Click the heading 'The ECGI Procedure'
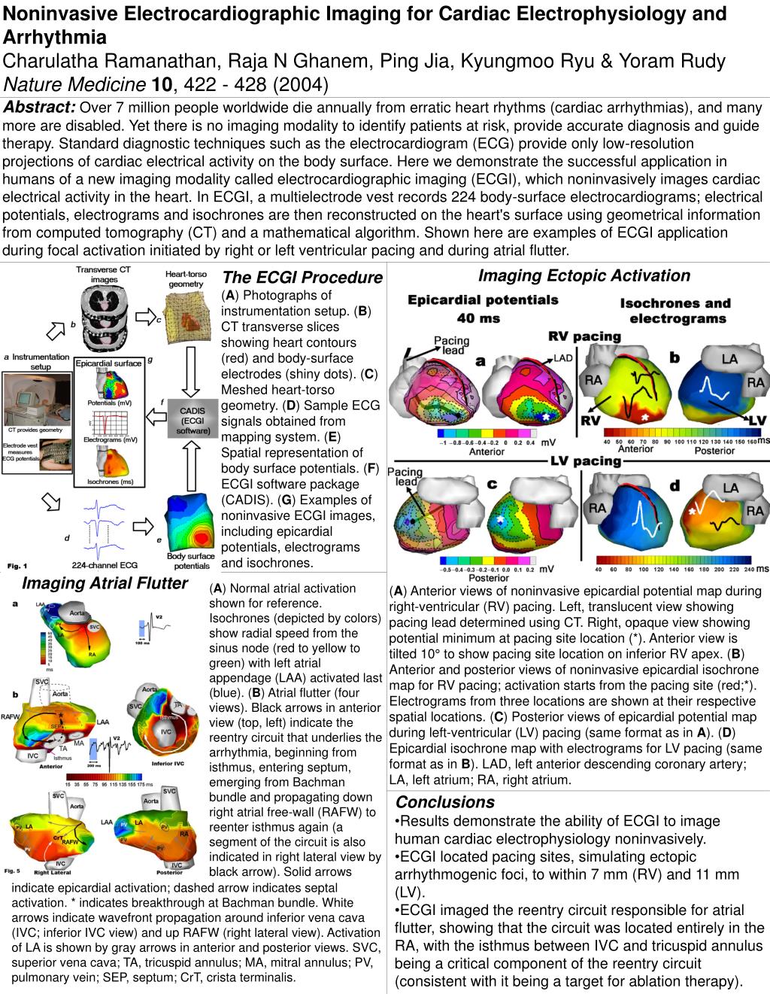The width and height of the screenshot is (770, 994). click(302, 278)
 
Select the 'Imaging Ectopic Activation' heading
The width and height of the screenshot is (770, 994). click(584, 275)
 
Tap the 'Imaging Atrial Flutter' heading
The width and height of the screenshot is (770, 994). click(105, 583)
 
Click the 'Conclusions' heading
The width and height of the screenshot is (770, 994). click(445, 801)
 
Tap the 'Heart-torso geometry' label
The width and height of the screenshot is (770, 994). click(186, 278)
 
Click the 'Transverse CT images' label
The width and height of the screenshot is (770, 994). click(104, 275)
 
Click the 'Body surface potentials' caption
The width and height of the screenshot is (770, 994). click(191, 561)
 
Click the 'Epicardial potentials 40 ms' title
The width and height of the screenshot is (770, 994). click(483, 308)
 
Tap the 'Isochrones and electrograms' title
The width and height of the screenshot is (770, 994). click(675, 310)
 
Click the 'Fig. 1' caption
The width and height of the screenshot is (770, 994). click(17, 565)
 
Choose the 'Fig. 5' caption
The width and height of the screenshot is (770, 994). click(13, 871)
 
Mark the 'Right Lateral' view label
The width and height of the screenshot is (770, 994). click(52, 874)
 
